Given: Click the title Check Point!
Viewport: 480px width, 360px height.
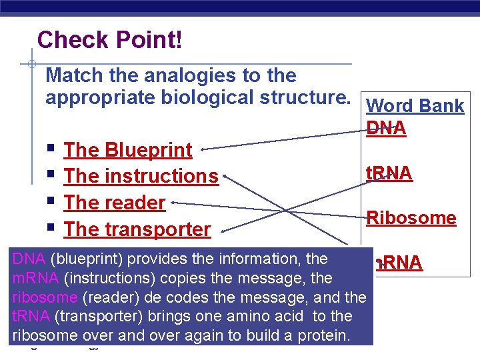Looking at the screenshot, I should pyautogui.click(x=109, y=40).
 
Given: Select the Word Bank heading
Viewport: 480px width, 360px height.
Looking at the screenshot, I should pyautogui.click(x=415, y=106).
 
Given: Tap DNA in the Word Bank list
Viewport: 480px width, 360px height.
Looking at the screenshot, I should pyautogui.click(x=386, y=128).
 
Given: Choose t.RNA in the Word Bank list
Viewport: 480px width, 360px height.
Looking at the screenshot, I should pyautogui.click(x=389, y=173).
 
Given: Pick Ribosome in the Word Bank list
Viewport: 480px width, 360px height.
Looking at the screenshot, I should pyautogui.click(x=411, y=218).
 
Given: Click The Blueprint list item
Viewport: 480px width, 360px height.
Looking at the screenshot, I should pyautogui.click(x=127, y=150).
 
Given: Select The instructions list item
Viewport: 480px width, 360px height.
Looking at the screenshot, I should pyautogui.click(x=141, y=176).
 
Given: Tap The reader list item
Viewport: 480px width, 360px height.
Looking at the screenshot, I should pyautogui.click(x=114, y=203).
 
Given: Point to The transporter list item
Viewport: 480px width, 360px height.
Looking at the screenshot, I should pyautogui.click(x=137, y=229).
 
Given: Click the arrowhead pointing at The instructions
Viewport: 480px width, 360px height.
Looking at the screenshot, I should pyautogui.click(x=227, y=177).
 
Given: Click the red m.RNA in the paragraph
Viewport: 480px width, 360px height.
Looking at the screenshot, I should pyautogui.click(x=33, y=277).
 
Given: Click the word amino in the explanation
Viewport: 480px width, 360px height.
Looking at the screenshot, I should pyautogui.click(x=251, y=316).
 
